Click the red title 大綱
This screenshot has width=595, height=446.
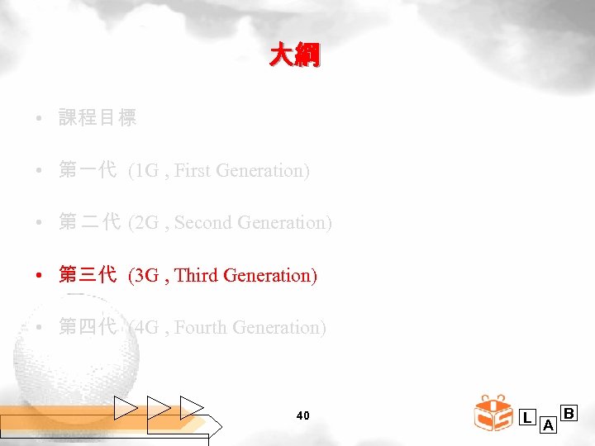[294, 55]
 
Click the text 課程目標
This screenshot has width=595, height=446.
[98, 118]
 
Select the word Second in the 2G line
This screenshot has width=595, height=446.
[204, 223]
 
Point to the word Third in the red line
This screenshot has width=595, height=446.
[197, 275]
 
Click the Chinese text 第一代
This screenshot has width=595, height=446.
[88, 171]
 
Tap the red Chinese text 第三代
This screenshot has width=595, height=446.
[88, 275]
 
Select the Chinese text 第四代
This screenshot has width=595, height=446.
[88, 328]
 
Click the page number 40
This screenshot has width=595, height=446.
[302, 415]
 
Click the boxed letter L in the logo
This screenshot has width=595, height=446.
[527, 417]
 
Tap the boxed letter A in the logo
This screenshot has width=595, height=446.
[548, 426]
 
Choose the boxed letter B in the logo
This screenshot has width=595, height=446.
[569, 412]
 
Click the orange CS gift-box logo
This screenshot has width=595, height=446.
[495, 414]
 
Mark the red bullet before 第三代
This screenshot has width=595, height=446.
[40, 276]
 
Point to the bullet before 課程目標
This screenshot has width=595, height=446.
[40, 119]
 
